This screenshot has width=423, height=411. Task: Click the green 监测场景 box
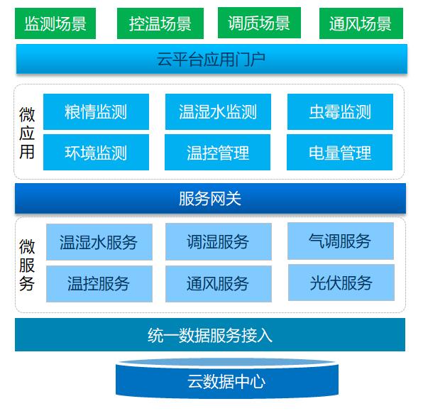[x=55, y=23]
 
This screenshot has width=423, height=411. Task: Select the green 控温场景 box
[x=160, y=23]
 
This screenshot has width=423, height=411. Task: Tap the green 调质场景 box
[x=259, y=23]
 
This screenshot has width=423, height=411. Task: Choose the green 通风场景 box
[x=361, y=23]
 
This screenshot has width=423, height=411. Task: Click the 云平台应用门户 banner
[x=211, y=59]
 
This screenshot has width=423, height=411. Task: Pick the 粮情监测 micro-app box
[x=96, y=111]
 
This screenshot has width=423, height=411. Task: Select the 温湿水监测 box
[x=218, y=111]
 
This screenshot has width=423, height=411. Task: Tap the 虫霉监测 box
[x=340, y=111]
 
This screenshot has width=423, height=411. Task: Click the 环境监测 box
[x=96, y=152]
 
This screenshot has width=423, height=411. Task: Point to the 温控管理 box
[x=217, y=152]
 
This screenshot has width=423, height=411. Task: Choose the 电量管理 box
[x=339, y=152]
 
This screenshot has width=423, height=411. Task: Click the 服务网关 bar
[x=210, y=199]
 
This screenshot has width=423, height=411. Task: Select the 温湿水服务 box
[x=99, y=242]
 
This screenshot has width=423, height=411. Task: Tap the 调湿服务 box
[x=219, y=241]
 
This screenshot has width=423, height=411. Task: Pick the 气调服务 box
[x=341, y=241]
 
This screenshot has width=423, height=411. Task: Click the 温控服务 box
[x=99, y=284]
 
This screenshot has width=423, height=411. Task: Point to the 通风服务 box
[x=219, y=284]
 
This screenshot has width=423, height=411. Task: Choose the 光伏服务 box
[x=341, y=283]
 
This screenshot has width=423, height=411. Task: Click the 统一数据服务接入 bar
[x=210, y=335]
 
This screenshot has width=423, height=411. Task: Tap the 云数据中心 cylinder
[x=227, y=379]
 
